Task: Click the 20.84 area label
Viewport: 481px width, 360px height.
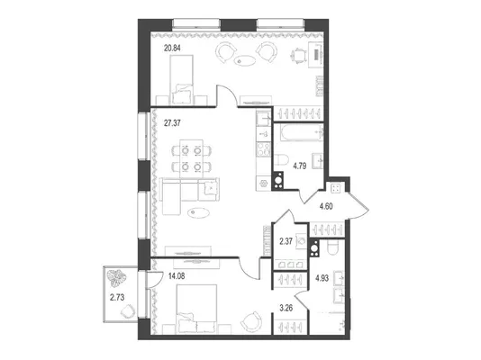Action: [x=172, y=48]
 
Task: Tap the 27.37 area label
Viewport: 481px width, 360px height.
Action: [x=172, y=123]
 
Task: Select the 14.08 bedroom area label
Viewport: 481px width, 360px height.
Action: [x=177, y=276]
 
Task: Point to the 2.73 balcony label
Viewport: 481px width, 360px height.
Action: [x=117, y=297]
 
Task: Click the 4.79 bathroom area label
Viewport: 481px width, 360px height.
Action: [x=300, y=166]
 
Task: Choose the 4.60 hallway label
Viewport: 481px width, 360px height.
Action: [x=326, y=206]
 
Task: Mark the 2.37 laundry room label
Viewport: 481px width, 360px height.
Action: [x=286, y=241]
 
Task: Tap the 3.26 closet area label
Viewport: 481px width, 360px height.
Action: [x=286, y=308]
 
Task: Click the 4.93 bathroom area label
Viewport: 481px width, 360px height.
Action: [x=322, y=278]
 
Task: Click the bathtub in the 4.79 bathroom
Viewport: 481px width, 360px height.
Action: [x=302, y=132]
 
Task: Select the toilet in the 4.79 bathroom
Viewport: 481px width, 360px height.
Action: [x=282, y=160]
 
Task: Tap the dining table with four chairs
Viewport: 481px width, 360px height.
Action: [x=192, y=158]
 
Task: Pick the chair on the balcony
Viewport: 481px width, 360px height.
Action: [x=128, y=311]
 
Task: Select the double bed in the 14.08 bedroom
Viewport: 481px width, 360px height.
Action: [x=196, y=309]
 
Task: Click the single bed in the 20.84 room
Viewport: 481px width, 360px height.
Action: [x=181, y=80]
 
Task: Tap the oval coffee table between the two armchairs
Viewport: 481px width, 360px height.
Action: [x=244, y=60]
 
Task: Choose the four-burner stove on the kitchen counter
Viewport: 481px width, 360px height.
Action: [x=264, y=149]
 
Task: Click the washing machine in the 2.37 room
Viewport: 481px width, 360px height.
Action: [x=301, y=242]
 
